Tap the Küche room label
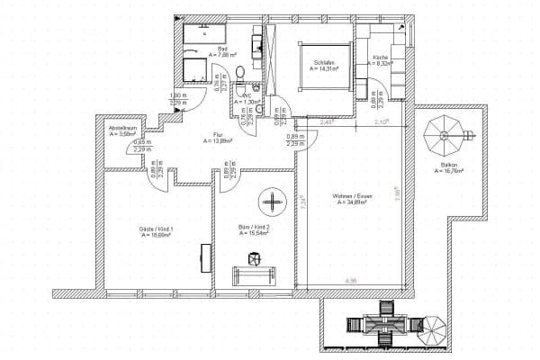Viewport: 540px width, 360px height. point(381,58)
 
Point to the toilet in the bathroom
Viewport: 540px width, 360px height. point(239,73)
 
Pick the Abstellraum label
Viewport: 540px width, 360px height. point(123,129)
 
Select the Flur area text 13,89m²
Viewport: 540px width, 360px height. point(219,141)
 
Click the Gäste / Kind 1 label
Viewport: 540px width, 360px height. point(143,229)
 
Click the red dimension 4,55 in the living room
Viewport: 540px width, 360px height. point(350,283)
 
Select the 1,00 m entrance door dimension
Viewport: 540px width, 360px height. point(178,96)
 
